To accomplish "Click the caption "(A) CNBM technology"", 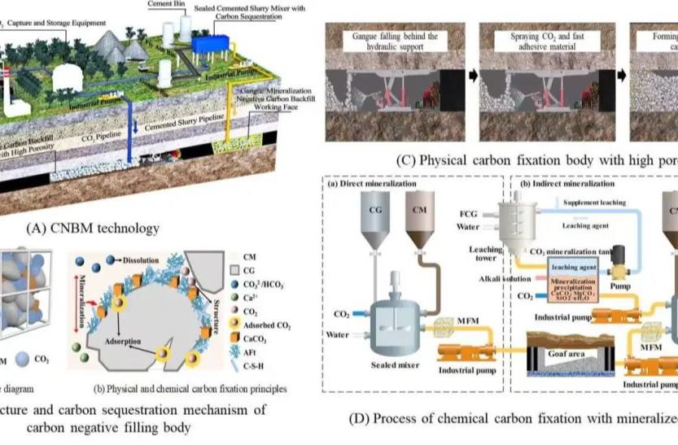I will [x=94, y=228].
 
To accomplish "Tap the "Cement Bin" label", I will [x=165, y=4].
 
